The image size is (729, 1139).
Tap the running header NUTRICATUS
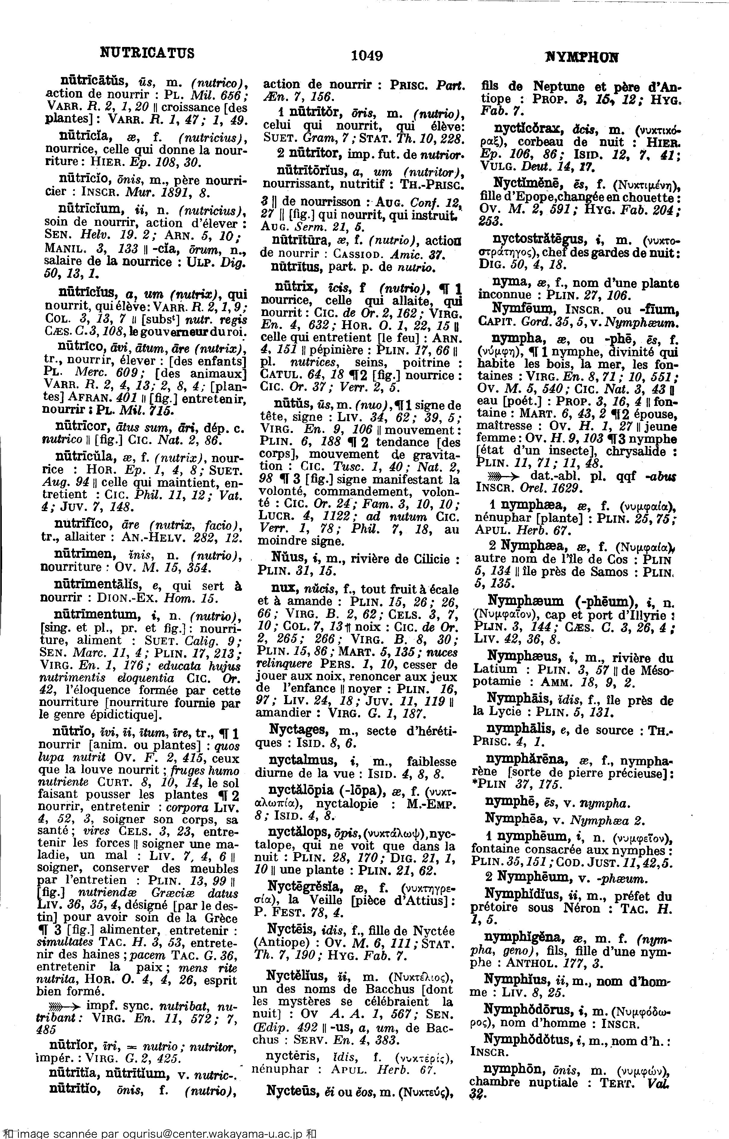coord(147,52)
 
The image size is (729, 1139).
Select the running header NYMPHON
coord(582,58)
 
